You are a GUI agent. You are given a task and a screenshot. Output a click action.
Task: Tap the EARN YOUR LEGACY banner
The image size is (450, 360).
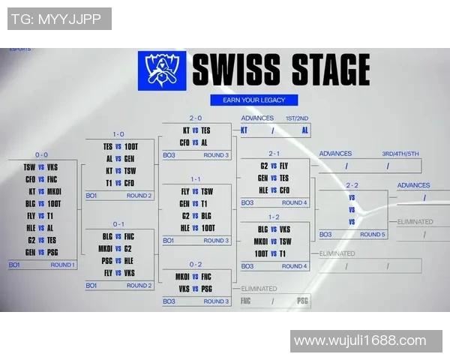tap(253, 100)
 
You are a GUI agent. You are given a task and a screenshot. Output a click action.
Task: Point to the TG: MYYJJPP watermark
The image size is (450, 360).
tap(59, 19)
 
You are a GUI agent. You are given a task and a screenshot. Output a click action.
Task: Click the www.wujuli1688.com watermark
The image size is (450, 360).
tap(360, 340)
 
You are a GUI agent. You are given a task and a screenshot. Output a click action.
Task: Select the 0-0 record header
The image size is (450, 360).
tap(41, 154)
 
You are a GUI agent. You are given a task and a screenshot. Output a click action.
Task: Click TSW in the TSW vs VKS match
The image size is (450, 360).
tap(29, 166)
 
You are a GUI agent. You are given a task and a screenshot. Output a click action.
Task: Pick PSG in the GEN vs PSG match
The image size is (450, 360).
tap(52, 252)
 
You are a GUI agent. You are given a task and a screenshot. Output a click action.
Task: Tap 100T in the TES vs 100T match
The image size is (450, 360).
tap(130, 147)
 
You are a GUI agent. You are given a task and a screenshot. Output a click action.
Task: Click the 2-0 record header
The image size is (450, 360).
tap(196, 118)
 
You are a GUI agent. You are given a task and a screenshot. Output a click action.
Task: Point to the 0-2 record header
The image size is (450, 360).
tap(196, 264)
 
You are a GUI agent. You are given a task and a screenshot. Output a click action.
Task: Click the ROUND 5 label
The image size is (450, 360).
tap(372, 234)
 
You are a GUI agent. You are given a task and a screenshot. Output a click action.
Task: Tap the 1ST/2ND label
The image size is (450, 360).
tap(296, 118)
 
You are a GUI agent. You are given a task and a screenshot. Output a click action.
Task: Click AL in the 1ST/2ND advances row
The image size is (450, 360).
tap(304, 130)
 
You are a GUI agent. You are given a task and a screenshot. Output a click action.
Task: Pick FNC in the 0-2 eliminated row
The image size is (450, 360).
tap(246, 301)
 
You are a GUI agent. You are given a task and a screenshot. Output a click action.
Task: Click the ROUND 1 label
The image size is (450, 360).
tap(62, 265)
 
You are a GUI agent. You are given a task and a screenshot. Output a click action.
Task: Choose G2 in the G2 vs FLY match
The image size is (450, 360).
tap(264, 166)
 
